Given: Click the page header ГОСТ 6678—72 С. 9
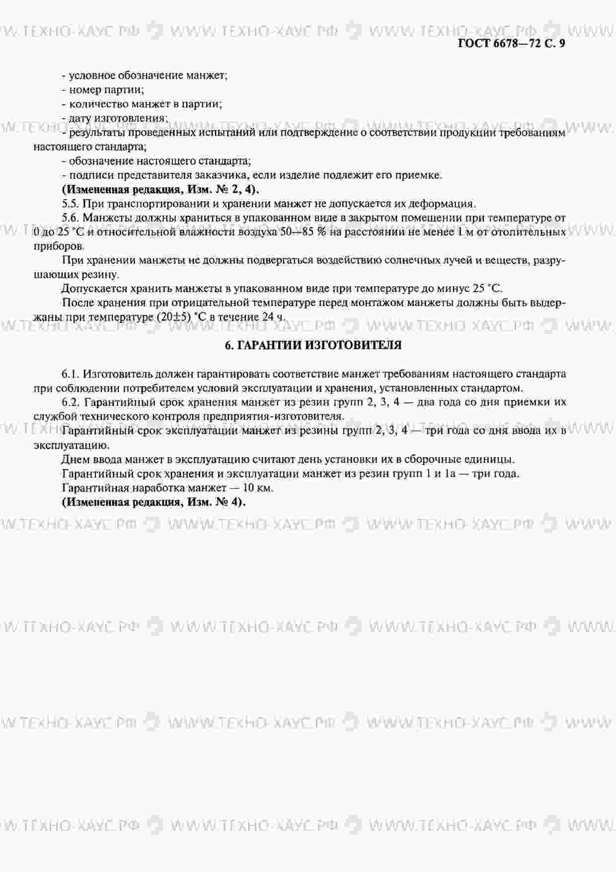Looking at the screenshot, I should click(x=511, y=43).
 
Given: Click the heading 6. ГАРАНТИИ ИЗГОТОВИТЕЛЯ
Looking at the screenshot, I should click(x=313, y=345).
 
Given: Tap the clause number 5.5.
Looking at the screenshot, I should click(x=71, y=203).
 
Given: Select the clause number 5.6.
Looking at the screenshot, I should click(x=71, y=218).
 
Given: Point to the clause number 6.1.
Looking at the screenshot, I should click(x=71, y=373).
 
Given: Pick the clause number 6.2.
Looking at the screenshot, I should click(x=71, y=402).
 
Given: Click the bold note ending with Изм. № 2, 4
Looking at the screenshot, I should click(x=160, y=189).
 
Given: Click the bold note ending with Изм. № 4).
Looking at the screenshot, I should click(x=154, y=502).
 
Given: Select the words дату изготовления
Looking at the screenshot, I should click(x=117, y=118).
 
